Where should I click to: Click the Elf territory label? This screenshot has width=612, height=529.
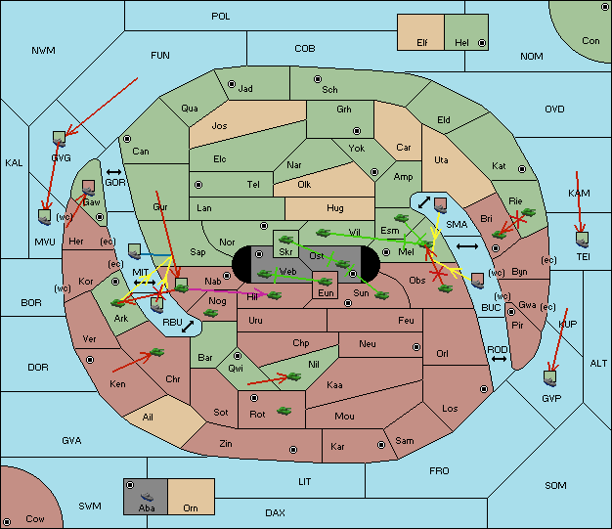[x=422, y=43]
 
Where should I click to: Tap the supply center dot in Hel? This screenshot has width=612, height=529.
[x=482, y=43]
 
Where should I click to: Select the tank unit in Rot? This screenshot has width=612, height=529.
[x=284, y=411]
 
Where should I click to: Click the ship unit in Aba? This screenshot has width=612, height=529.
[x=148, y=497]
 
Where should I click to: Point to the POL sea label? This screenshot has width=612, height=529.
[x=221, y=17]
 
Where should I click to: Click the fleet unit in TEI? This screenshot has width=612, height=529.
[x=583, y=240]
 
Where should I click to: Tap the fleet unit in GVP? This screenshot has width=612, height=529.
[x=550, y=377]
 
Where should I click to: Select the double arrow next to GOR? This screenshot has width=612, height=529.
[x=114, y=172]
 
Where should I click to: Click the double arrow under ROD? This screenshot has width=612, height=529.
[x=499, y=359]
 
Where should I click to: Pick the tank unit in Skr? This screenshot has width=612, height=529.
[x=286, y=239]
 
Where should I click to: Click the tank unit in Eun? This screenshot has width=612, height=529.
[x=326, y=281]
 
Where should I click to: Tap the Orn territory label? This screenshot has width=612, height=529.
[x=191, y=507]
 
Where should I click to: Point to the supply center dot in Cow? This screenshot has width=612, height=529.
[x=7, y=522]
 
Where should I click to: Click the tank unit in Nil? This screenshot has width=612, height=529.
[x=294, y=376]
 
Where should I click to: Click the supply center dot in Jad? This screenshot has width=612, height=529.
[x=232, y=84]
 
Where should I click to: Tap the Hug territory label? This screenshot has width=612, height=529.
[x=335, y=208]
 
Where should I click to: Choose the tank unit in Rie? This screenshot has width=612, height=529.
[x=529, y=212]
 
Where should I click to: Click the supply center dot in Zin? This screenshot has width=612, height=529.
[x=293, y=450]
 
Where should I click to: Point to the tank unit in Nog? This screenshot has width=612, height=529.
[x=211, y=313]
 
